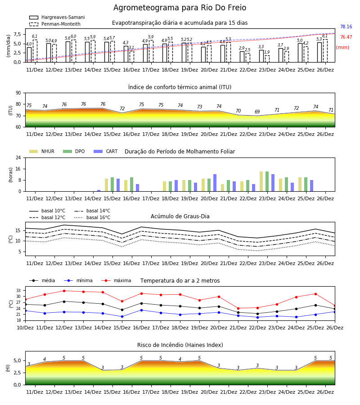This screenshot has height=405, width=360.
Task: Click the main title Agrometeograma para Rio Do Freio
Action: click(x=180, y=8)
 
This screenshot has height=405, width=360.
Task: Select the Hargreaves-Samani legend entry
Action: click(x=57, y=17)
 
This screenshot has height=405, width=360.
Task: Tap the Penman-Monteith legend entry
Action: click(x=55, y=24)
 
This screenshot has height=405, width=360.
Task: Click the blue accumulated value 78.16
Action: click(x=346, y=27)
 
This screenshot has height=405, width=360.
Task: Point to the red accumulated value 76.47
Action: click(x=346, y=37)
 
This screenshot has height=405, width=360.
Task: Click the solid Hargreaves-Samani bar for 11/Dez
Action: click(x=29, y=55)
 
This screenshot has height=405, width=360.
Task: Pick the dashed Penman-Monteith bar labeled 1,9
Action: click(x=267, y=59)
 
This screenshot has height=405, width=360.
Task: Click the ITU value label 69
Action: click(x=257, y=112)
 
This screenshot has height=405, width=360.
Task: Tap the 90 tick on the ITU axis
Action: click(x=18, y=93)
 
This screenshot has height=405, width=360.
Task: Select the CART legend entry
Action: click(x=105, y=151)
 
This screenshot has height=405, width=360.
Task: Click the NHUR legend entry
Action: click(x=42, y=151)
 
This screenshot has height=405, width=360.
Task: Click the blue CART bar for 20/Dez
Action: click(x=215, y=183)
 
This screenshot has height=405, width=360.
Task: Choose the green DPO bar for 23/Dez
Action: click(x=267, y=182)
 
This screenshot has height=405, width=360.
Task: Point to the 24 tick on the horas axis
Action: click(x=18, y=157)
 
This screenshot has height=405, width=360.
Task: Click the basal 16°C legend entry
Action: click(x=92, y=217)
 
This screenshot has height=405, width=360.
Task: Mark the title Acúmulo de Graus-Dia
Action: click(x=180, y=216)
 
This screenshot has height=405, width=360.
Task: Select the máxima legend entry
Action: click(x=116, y=280)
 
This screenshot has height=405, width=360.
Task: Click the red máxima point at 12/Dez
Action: click(x=64, y=291)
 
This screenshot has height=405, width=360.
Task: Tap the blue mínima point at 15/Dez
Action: click(x=122, y=316)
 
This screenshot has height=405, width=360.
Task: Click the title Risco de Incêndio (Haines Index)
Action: click(x=180, y=345)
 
